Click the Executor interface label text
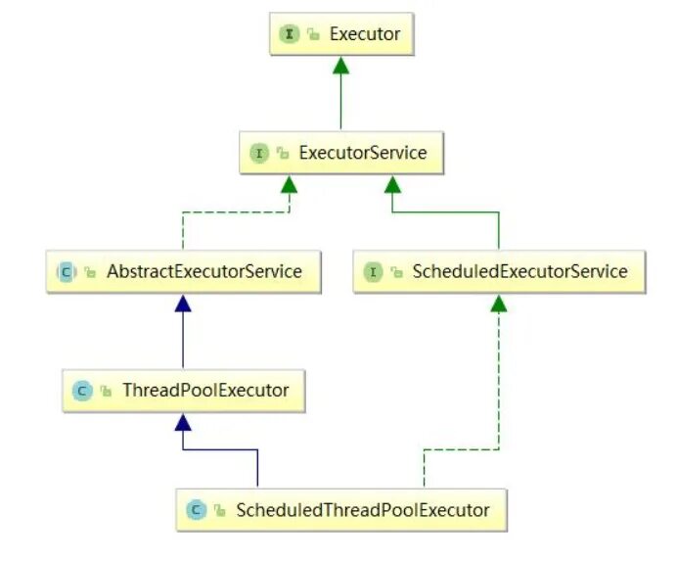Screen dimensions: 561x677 pos(365,34)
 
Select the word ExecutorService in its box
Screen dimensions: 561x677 pos(363,154)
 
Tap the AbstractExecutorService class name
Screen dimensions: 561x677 pos(204,271)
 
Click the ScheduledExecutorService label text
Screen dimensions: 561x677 pos(520,271)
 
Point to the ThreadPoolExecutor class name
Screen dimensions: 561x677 pos(205,390)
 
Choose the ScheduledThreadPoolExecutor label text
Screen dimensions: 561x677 pos(361,509)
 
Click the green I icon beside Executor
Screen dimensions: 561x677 pos(290,34)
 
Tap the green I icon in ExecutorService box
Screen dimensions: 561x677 pos(259,154)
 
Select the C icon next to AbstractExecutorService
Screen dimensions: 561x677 pos(67,271)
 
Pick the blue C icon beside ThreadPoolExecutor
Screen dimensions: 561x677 pos(82,391)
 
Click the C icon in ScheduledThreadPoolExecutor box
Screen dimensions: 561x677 pos(197,509)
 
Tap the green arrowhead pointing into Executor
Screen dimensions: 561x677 pos(339,65)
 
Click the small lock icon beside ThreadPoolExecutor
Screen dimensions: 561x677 pos(106,392)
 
